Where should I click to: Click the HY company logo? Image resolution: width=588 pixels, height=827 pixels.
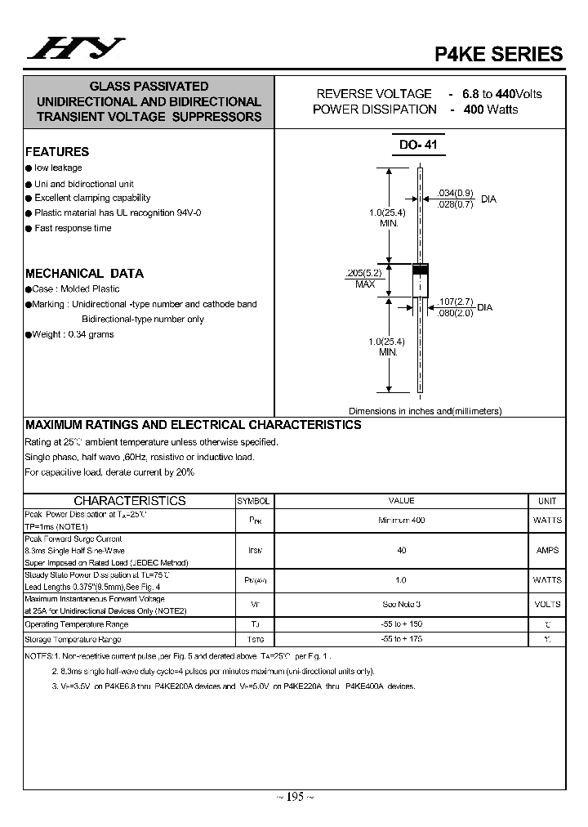pyautogui.click(x=75, y=50)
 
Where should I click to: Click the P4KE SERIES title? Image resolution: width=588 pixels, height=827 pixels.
pyautogui.click(x=497, y=54)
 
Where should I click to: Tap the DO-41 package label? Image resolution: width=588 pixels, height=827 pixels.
pyautogui.click(x=418, y=145)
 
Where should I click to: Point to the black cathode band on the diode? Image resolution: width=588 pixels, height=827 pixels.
pyautogui.click(x=420, y=270)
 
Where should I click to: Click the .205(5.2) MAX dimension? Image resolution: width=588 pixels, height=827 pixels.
pyautogui.click(x=364, y=278)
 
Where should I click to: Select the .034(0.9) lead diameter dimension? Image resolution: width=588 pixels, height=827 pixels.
pyautogui.click(x=456, y=192)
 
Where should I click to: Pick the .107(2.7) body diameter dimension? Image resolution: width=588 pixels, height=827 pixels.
pyautogui.click(x=456, y=302)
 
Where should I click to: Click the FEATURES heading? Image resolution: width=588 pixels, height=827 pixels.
pyautogui.click(x=57, y=152)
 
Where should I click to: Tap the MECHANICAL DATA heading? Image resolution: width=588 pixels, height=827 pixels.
pyautogui.click(x=84, y=274)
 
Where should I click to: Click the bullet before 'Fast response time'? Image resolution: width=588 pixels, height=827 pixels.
pyautogui.click(x=29, y=229)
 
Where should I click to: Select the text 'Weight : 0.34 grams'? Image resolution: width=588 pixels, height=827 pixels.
pyautogui.click(x=73, y=334)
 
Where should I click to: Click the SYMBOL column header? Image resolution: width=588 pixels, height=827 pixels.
pyautogui.click(x=253, y=501)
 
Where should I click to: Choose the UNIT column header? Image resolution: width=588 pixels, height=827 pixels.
pyautogui.click(x=547, y=501)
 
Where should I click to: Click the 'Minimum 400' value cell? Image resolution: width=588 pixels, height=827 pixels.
pyautogui.click(x=402, y=521)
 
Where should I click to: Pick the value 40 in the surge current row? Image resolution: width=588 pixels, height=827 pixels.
pyautogui.click(x=402, y=551)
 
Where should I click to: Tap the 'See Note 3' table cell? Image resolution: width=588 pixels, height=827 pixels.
pyautogui.click(x=402, y=605)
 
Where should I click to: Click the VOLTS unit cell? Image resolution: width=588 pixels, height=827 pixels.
pyautogui.click(x=547, y=605)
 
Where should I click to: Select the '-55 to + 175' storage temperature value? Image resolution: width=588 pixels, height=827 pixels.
pyautogui.click(x=402, y=640)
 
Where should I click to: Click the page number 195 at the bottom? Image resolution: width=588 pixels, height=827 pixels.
pyautogui.click(x=294, y=797)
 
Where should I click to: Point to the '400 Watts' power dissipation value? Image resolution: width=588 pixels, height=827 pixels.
pyautogui.click(x=490, y=110)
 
